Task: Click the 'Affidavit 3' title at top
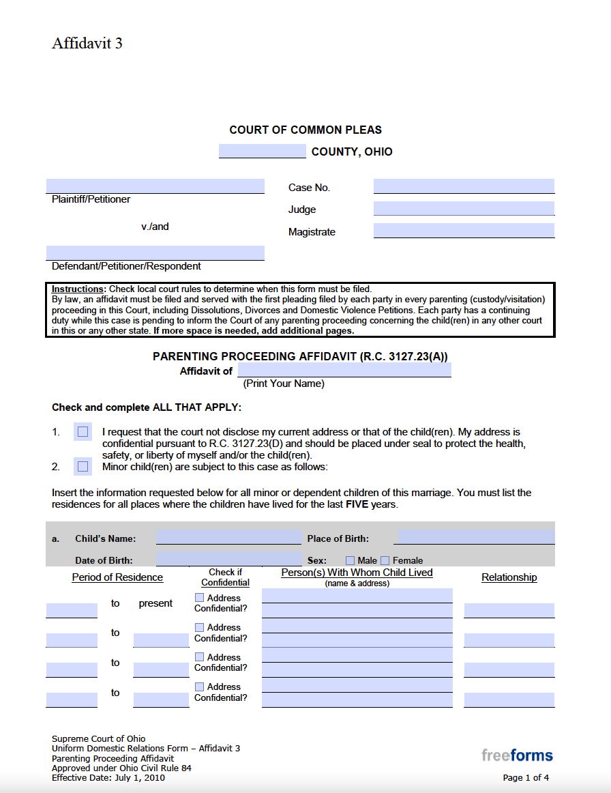click(x=87, y=43)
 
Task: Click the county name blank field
click(x=262, y=152)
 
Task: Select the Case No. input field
click(x=464, y=186)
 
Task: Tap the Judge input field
click(x=464, y=208)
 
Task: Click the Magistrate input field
click(x=464, y=231)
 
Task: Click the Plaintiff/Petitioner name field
click(x=155, y=186)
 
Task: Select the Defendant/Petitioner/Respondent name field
click(x=155, y=253)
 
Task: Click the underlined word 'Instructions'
click(x=78, y=289)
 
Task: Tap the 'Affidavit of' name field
click(x=344, y=370)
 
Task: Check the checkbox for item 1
click(x=83, y=431)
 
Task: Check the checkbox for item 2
click(x=83, y=467)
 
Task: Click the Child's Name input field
click(x=228, y=537)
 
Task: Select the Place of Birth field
click(x=474, y=537)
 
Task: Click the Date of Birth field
click(x=228, y=559)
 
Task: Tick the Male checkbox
click(x=350, y=560)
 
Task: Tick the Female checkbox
click(x=385, y=560)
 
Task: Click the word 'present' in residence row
click(x=155, y=603)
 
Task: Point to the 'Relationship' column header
click(x=509, y=577)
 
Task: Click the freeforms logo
click(x=517, y=755)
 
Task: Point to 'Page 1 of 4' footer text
click(x=525, y=777)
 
